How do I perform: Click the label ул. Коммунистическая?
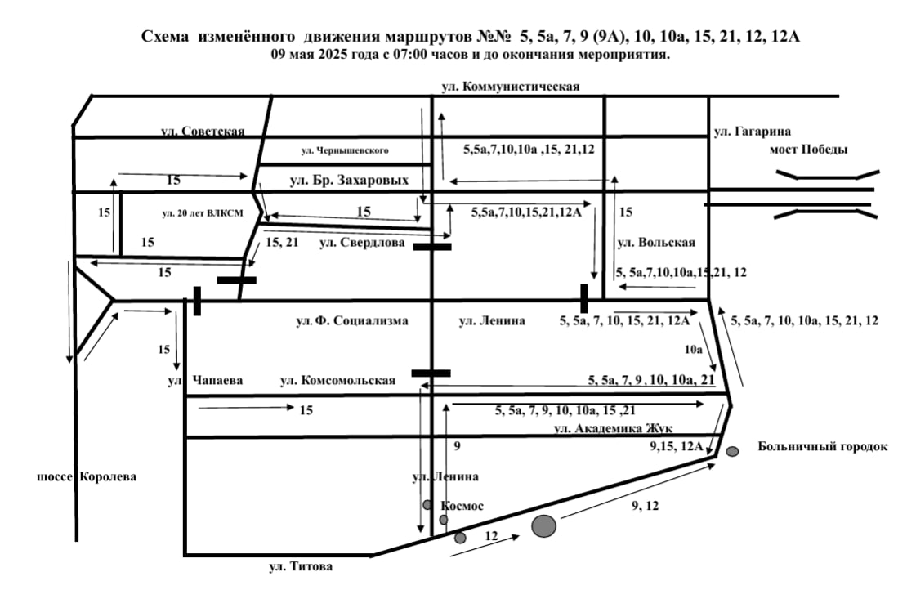coord(510,87)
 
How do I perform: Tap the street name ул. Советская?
coord(202,132)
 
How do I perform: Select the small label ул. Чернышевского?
coord(344,150)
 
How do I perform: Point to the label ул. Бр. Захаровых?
coord(348,180)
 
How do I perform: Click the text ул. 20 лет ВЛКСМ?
coord(204,213)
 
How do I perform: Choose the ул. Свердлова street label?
coord(362,242)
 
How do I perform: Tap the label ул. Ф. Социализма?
coord(351,321)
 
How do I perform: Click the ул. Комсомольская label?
coord(337,381)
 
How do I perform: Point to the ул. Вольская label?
coord(656,242)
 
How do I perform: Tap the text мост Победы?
coord(808,150)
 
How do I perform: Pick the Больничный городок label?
coord(822,446)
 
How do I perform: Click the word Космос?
coord(462,506)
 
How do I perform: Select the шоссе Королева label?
coord(87,476)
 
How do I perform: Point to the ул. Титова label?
coord(301,566)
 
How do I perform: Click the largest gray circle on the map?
coord(544,525)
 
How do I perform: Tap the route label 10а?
coord(693,349)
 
